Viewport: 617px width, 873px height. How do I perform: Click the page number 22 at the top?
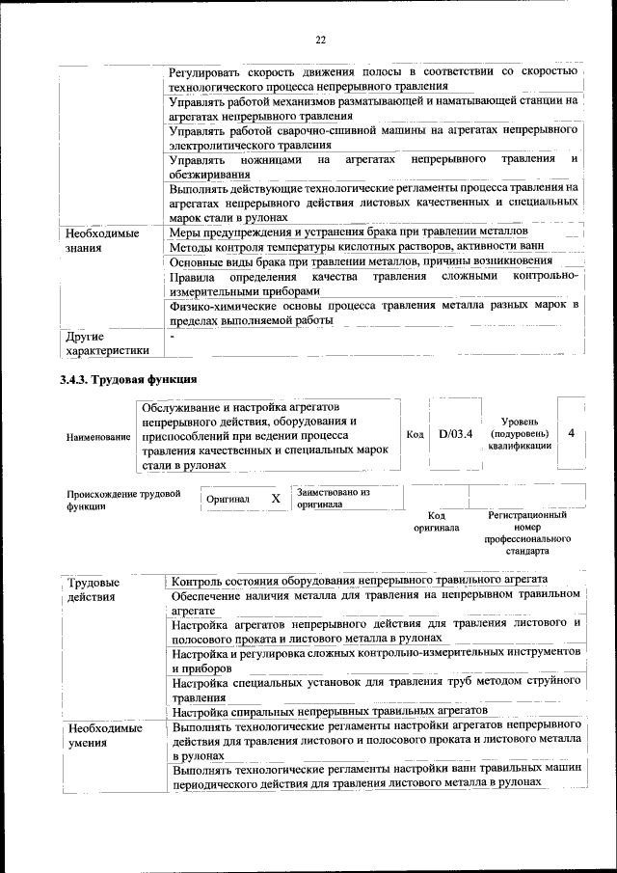[320, 40]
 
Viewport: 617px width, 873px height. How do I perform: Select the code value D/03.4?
[455, 434]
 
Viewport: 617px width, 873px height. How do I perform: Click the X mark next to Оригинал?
[276, 499]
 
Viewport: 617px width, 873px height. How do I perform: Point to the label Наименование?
[98, 437]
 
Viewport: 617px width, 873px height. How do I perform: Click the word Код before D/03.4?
[415, 434]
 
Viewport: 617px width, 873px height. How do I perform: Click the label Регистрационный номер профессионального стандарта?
[528, 533]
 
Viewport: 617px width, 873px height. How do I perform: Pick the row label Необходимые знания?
[102, 240]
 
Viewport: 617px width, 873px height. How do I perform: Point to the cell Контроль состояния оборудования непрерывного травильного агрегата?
[360, 580]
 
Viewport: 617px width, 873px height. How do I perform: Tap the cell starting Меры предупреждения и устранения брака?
[348, 232]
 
